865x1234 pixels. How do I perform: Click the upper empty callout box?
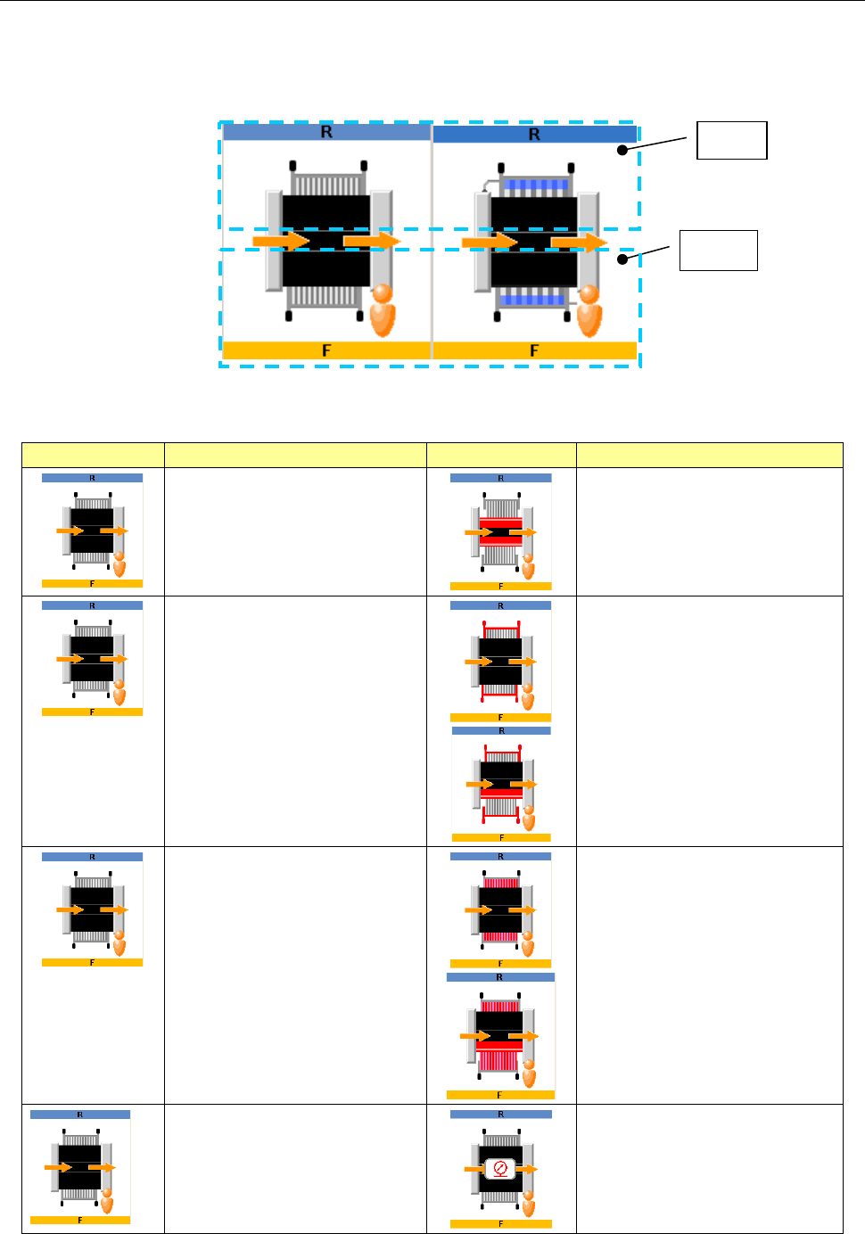pyautogui.click(x=731, y=140)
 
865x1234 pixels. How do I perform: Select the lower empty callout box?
pyautogui.click(x=718, y=250)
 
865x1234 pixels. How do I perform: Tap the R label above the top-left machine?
pyautogui.click(x=326, y=132)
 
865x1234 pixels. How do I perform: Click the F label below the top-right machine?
pyautogui.click(x=534, y=350)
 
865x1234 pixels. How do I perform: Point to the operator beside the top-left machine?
pyautogui.click(x=383, y=309)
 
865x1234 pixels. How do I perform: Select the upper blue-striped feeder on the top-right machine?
pyautogui.click(x=534, y=185)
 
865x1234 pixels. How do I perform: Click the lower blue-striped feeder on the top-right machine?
pyautogui.click(x=533, y=300)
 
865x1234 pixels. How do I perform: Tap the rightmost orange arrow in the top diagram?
pyautogui.click(x=579, y=242)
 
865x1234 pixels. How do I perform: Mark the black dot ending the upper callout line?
pyautogui.click(x=622, y=150)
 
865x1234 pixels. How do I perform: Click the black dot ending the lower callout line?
pyautogui.click(x=622, y=259)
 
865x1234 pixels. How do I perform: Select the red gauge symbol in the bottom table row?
pyautogui.click(x=500, y=1167)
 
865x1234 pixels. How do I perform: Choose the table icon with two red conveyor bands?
pyautogui.click(x=500, y=532)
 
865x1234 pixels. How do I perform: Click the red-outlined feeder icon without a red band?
pyautogui.click(x=500, y=661)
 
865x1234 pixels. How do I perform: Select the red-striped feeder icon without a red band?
pyautogui.click(x=500, y=910)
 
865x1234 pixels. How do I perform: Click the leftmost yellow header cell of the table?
pyautogui.click(x=93, y=455)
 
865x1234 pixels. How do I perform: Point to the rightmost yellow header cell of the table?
pyautogui.click(x=709, y=455)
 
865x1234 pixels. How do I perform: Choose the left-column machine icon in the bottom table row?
pyautogui.click(x=80, y=1167)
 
